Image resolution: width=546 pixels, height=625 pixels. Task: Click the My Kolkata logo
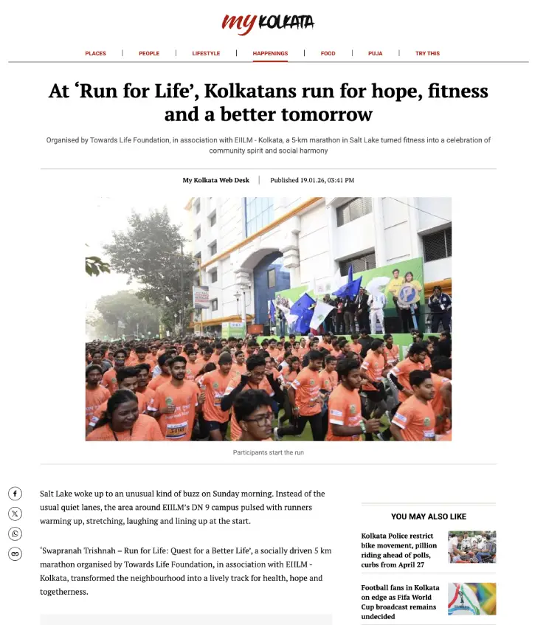268,23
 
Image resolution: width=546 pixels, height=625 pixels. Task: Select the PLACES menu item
95,53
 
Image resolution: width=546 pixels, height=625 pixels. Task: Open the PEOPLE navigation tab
149,53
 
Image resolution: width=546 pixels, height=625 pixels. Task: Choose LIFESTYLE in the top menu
206,53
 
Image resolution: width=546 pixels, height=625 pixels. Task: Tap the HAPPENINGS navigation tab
270,53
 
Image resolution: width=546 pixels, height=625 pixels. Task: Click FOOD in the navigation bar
328,53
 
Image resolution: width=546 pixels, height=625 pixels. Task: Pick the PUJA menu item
376,53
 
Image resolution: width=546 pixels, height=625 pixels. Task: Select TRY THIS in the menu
427,53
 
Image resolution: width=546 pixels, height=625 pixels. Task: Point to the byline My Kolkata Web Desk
216,180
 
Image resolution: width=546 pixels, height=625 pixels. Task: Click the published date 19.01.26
312,180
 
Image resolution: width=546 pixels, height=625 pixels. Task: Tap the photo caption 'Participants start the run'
268,452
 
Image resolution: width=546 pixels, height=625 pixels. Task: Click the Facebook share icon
15,494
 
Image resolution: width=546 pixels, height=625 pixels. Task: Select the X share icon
15,514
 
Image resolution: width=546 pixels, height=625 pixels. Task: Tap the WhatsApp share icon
15,534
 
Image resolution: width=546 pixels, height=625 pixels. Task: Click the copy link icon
15,553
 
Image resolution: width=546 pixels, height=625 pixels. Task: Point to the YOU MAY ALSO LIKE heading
428,517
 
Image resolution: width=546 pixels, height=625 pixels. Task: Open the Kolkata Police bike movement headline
400,550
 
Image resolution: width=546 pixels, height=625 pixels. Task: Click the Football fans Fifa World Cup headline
400,602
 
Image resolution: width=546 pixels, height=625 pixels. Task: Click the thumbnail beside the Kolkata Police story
471,547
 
